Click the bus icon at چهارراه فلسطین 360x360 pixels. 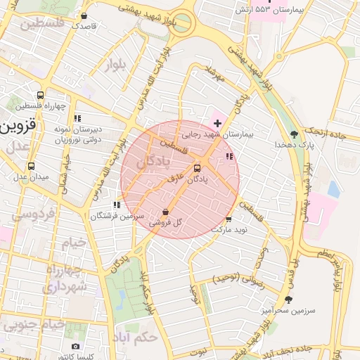tap(40, 95)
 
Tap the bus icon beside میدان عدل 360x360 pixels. tap(31, 167)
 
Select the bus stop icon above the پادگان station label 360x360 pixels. tap(196, 168)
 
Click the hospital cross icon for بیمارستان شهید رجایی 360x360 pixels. tap(217, 123)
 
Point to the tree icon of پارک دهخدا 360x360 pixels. tap(294, 133)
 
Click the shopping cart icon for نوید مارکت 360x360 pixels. tap(229, 219)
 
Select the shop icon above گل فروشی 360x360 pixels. tap(165, 212)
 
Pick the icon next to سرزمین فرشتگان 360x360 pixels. tap(116, 205)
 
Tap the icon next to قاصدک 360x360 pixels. tap(84, 15)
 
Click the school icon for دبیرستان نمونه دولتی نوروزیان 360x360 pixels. tap(77, 118)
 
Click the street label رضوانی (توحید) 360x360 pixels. tap(236, 279)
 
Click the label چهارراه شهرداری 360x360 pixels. tap(65, 278)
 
